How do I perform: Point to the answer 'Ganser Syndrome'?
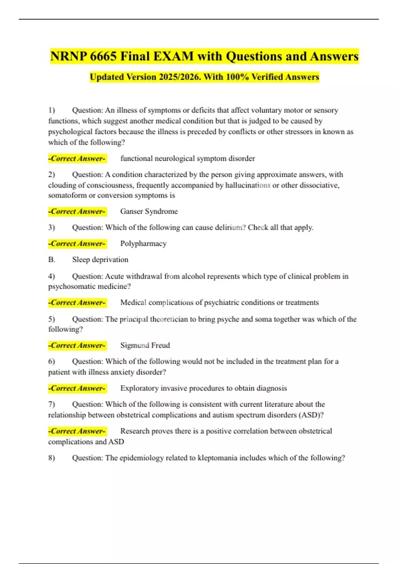pyautogui.click(x=149, y=211)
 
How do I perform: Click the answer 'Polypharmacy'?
pyautogui.click(x=143, y=244)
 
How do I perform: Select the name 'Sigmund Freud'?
pyautogui.click(x=145, y=345)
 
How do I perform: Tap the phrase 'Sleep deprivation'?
pyautogui.click(x=100, y=259)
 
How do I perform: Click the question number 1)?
pyautogui.click(x=51, y=110)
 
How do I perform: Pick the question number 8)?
pyautogui.click(x=51, y=458)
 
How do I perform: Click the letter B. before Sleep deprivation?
pyautogui.click(x=52, y=259)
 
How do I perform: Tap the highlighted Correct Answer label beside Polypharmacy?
pyautogui.click(x=77, y=244)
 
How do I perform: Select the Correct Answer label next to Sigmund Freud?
pyautogui.click(x=77, y=345)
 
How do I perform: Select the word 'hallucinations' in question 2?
pyautogui.click(x=248, y=185)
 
